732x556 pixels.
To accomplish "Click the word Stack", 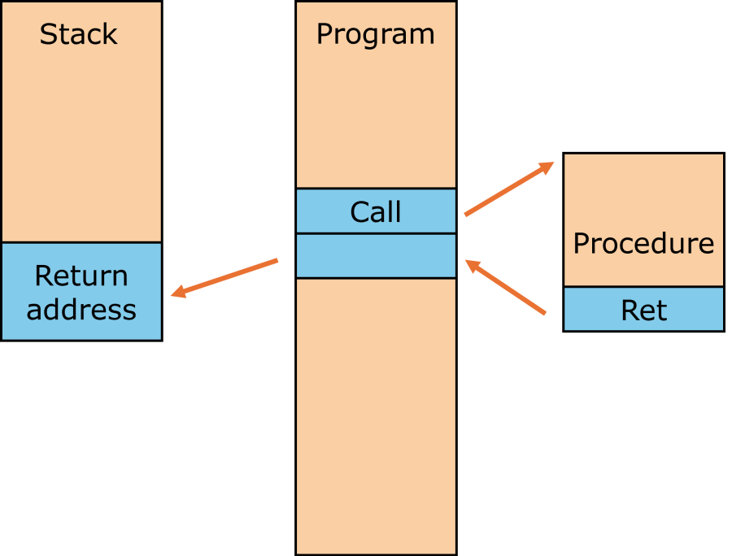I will [79, 34].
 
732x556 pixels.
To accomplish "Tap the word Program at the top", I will [375, 34].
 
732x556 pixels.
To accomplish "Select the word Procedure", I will [643, 244].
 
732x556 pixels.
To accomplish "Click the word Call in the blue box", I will [375, 212].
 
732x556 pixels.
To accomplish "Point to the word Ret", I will [643, 310].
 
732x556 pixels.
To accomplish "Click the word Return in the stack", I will [81, 276].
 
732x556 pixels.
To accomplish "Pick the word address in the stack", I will [81, 310].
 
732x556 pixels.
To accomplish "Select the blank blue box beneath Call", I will [375, 256].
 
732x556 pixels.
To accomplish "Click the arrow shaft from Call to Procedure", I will [504, 192].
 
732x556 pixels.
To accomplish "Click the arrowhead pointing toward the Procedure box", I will [547, 167].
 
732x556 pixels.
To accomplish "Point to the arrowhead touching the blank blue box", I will [471, 265].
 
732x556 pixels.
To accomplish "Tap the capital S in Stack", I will [49, 34].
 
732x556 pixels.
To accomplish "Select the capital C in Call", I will [359, 212].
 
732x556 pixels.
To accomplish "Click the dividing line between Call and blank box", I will [375, 234].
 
